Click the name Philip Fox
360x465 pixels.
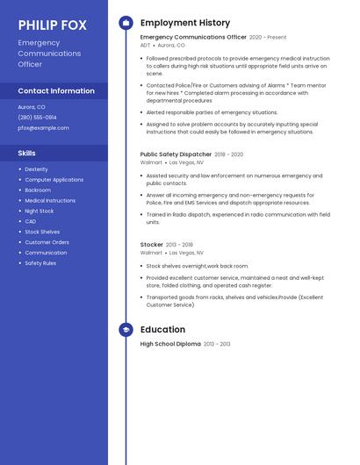[53, 25]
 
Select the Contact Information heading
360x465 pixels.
[56, 90]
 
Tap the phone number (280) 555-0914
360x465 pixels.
[37, 117]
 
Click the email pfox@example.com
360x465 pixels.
[43, 127]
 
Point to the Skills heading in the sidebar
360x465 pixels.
[27, 154]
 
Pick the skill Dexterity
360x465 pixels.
[37, 169]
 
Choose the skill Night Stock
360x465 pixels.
[40, 211]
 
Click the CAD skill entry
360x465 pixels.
[31, 221]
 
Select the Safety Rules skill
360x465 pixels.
[40, 263]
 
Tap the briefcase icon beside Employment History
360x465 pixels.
[126, 23]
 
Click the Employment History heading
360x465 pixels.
[185, 23]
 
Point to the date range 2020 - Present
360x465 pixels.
[268, 38]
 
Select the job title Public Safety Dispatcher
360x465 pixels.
[176, 154]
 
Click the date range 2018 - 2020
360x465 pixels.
[228, 154]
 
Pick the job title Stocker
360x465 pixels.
[152, 245]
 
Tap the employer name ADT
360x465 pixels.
[146, 45]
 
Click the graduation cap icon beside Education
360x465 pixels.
[126, 330]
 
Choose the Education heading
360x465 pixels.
[162, 330]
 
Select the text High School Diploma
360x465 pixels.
[170, 344]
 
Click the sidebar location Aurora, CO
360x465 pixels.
[32, 106]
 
